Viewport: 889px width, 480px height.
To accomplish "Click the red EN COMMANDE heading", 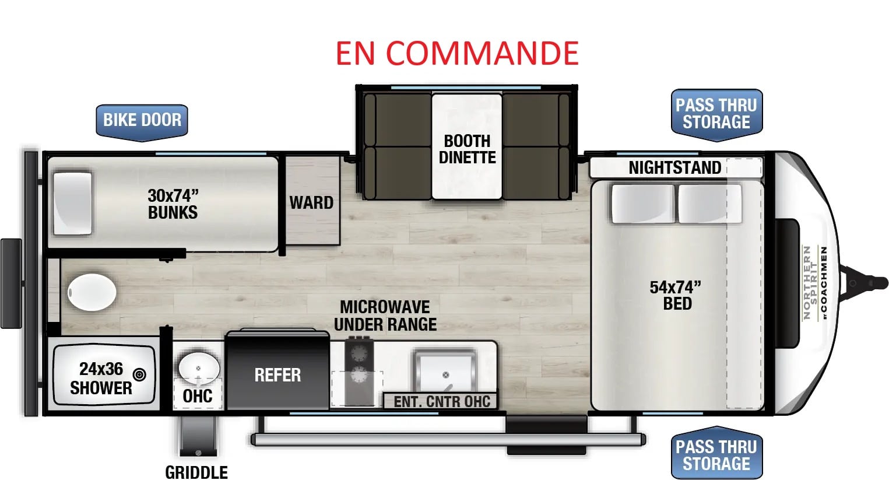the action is [457, 53].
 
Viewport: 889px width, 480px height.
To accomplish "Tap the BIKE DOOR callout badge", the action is [142, 122].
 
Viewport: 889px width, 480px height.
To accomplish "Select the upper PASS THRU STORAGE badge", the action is [717, 114].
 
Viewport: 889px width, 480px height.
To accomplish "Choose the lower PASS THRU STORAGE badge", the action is [717, 453].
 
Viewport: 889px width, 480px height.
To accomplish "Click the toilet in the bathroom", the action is [92, 292].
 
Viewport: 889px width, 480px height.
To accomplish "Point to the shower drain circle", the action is [139, 374].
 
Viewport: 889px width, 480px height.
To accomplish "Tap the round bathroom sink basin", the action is [198, 368].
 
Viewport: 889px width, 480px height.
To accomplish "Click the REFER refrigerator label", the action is [277, 375].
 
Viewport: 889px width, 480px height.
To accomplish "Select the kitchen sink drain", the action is [446, 375].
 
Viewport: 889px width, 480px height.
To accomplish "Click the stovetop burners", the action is [359, 363].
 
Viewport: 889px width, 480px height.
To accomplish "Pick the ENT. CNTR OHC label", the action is [442, 401].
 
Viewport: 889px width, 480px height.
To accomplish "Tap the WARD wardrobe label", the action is [311, 202].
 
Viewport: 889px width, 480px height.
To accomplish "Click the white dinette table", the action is [467, 146].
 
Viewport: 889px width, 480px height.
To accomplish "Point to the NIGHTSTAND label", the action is [674, 167].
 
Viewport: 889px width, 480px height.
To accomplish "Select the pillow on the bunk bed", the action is [73, 203].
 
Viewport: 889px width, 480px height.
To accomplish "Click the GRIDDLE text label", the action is [196, 472].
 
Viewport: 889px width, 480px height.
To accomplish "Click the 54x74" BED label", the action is [675, 295].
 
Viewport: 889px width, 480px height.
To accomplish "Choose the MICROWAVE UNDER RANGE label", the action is [385, 316].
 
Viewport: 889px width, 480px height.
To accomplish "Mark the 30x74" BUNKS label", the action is [173, 204].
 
